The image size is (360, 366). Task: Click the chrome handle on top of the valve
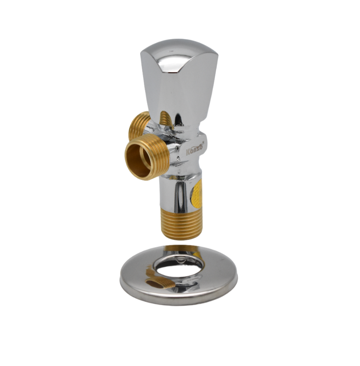[x=179, y=80]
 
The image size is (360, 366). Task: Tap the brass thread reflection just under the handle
[x=167, y=119]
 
